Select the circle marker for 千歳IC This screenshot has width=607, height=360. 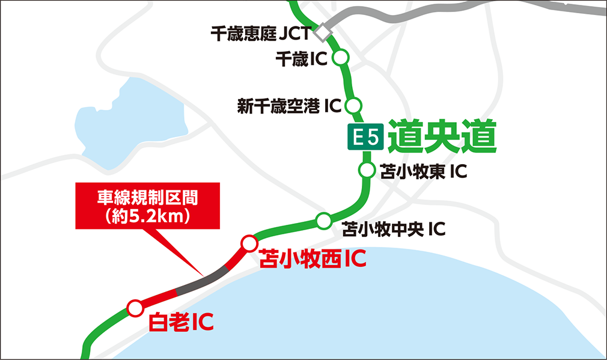tap(341, 58)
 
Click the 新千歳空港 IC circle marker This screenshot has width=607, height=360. tap(353, 105)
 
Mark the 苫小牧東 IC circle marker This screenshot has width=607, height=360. tap(366, 171)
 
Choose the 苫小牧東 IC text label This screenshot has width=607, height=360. tap(424, 172)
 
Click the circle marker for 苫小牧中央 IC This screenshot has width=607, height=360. tap(324, 221)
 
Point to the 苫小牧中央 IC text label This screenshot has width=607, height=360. tap(394, 229)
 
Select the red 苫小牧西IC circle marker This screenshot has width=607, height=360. tap(249, 243)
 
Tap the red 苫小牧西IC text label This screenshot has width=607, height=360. tap(312, 260)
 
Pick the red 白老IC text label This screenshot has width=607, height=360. tap(181, 323)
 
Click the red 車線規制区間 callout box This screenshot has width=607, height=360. tap(147, 206)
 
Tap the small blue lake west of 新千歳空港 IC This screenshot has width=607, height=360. tap(129, 123)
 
